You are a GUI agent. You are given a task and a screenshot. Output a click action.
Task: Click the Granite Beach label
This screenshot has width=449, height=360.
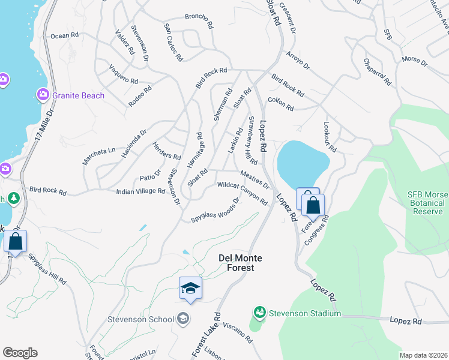78,95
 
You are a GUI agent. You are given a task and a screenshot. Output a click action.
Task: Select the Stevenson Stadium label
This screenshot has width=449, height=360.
304,313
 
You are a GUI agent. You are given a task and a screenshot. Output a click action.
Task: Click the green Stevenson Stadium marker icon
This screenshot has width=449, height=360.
260,313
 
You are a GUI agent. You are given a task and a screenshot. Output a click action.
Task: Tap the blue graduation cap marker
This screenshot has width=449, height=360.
190,289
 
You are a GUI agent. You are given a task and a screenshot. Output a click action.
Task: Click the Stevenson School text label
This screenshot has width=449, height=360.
141,319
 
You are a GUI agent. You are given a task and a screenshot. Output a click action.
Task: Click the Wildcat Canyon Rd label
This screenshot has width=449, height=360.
242,193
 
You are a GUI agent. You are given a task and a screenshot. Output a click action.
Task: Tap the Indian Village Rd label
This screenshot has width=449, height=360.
140,191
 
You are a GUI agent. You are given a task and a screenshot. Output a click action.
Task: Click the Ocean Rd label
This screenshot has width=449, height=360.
64,36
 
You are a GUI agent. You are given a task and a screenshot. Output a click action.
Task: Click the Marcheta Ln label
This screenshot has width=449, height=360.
98,151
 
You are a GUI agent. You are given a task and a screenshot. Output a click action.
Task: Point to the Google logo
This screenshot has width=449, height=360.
20,353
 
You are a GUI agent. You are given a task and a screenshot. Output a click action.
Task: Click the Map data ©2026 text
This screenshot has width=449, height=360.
423,355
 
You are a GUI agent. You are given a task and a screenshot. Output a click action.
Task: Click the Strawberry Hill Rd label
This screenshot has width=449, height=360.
251,140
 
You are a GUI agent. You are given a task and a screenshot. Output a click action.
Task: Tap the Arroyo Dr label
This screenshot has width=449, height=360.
297,60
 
